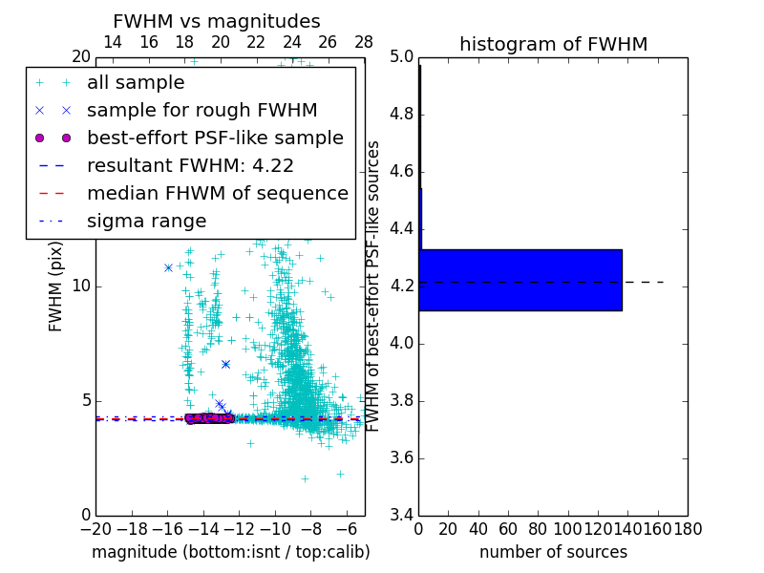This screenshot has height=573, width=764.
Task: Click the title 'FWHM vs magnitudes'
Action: point(217,21)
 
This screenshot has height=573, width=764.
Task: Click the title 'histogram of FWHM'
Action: point(553,44)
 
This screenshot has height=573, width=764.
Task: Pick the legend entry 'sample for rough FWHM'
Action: point(202,110)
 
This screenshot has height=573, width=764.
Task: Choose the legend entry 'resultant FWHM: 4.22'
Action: point(190,165)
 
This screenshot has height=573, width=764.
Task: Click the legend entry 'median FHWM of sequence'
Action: point(217,193)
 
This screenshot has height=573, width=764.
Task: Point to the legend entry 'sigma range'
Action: point(146,221)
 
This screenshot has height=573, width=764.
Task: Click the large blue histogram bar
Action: point(520,280)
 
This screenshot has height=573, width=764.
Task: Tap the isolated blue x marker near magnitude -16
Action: point(168,267)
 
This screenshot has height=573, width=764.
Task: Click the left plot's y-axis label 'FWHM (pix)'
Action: point(56,286)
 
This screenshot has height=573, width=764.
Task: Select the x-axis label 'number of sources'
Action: point(553,552)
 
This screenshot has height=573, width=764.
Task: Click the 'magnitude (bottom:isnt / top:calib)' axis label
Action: point(230,552)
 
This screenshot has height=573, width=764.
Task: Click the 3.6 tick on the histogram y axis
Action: point(400,457)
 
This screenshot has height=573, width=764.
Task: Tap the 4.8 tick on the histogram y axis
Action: point(400,115)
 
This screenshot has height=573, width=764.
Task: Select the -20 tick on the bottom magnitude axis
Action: point(95,527)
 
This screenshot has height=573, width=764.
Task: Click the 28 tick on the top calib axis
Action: point(364,42)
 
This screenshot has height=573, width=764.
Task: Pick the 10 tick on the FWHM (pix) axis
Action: point(80,286)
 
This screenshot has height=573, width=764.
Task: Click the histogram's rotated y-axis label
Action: point(374,286)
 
